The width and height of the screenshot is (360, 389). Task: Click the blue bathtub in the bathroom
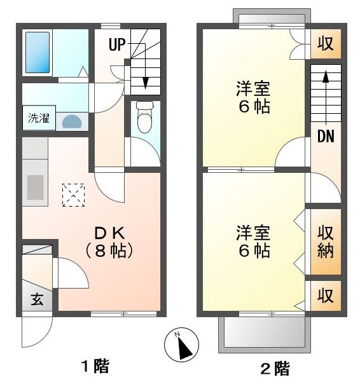(x=38, y=53)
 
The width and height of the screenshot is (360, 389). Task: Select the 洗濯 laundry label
(x=39, y=118)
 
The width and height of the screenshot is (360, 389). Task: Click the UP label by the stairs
(x=117, y=44)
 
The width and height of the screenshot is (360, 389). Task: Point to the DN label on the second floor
(x=326, y=136)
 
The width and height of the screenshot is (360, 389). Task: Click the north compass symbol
(x=181, y=345)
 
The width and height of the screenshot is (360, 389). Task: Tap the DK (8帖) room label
(x=109, y=242)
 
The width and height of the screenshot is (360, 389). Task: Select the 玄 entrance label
(x=37, y=299)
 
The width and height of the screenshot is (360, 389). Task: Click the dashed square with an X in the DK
(x=73, y=195)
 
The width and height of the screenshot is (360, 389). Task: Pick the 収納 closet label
(x=326, y=242)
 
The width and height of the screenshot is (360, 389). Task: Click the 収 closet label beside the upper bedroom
(x=326, y=43)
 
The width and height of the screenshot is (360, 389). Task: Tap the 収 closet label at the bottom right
(x=326, y=295)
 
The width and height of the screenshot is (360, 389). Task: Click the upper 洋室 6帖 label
(x=253, y=97)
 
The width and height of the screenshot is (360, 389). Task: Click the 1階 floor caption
(x=95, y=366)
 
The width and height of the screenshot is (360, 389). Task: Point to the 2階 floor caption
(x=275, y=369)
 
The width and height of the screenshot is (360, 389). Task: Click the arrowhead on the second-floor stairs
(x=326, y=76)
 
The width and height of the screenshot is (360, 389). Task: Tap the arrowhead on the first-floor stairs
(x=145, y=83)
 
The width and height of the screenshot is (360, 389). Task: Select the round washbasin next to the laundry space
(x=72, y=121)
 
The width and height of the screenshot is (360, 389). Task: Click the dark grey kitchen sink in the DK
(x=35, y=188)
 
